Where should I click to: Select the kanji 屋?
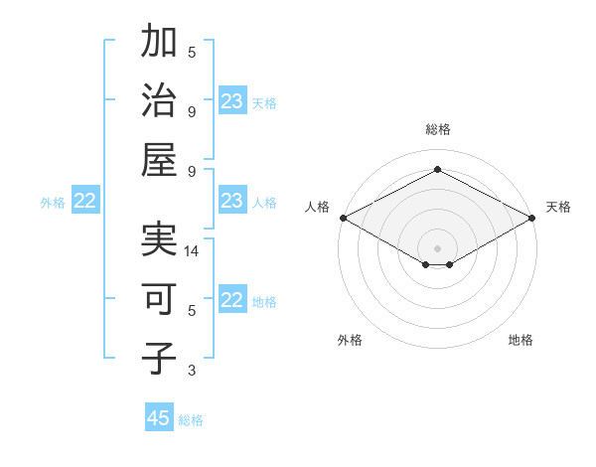(160, 159)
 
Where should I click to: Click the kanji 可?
(160, 300)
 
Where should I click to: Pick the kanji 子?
(160, 359)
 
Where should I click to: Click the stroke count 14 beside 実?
(193, 252)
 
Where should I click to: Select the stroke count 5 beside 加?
(192, 53)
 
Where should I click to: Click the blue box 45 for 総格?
(159, 418)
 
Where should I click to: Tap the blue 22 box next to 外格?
(84, 202)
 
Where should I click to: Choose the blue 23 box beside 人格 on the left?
(231, 202)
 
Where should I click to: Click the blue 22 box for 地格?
(231, 301)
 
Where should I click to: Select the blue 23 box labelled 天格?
(231, 101)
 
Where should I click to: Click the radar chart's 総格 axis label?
(437, 129)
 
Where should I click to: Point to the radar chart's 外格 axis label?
(350, 340)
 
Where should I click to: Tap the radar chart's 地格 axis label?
(521, 340)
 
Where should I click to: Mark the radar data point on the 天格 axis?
(532, 217)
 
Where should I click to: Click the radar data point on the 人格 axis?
(342, 217)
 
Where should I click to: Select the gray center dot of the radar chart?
(437, 247)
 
